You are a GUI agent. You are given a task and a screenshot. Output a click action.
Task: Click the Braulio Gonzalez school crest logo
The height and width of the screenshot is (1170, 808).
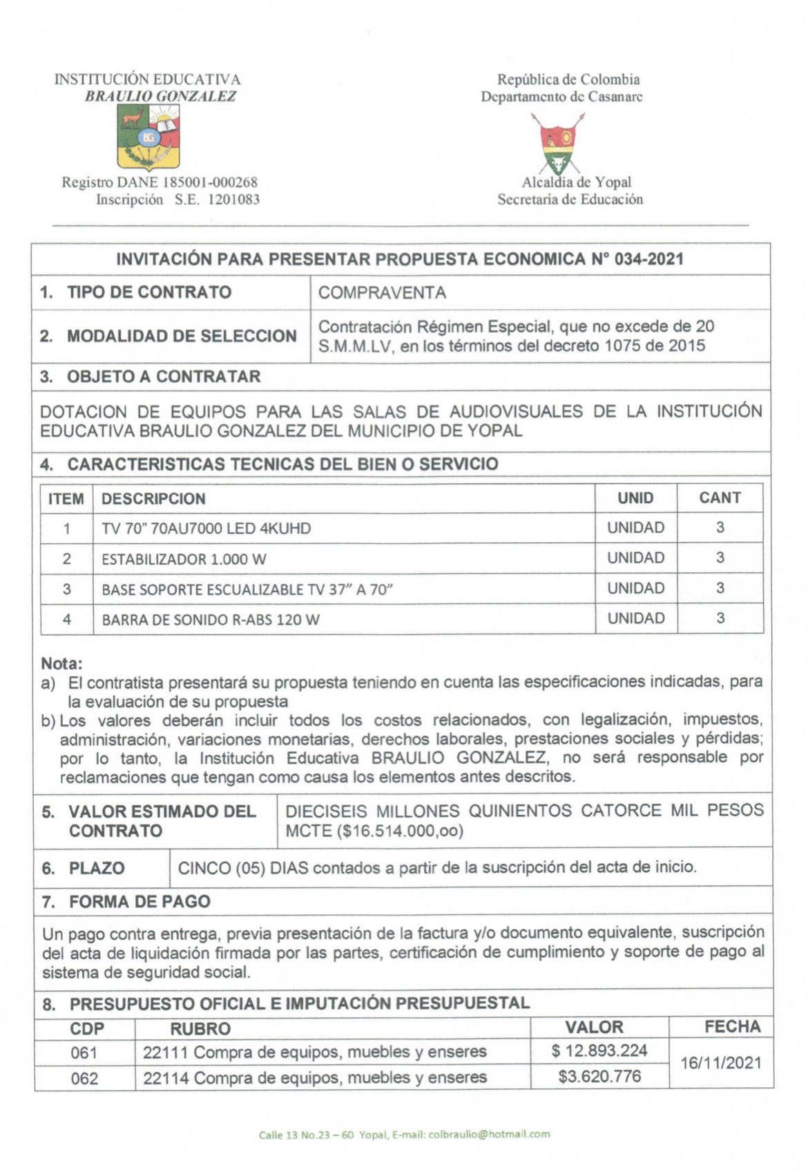tap(148, 138)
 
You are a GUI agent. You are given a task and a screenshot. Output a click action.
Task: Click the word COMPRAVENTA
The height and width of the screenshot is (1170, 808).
tap(382, 292)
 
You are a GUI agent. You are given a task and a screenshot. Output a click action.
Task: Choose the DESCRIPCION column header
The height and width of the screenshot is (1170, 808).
tap(153, 498)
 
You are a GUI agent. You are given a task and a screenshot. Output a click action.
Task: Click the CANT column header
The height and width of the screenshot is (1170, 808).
tap(720, 498)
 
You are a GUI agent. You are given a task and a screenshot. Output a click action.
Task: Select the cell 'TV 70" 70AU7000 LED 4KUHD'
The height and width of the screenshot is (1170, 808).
tap(206, 529)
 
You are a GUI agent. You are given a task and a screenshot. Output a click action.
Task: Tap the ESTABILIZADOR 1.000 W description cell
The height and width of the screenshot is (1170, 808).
tap(184, 559)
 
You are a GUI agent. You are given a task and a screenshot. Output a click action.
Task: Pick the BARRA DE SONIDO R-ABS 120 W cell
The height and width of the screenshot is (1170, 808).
tap(211, 619)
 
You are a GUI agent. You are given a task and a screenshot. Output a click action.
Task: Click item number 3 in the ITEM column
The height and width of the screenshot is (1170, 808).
tap(67, 589)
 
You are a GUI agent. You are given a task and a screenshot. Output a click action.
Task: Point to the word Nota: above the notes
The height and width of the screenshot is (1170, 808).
tap(61, 663)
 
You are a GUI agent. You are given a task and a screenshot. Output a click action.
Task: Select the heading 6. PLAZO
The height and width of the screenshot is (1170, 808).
tap(84, 868)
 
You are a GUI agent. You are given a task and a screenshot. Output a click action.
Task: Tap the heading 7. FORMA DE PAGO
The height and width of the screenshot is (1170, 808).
tap(126, 901)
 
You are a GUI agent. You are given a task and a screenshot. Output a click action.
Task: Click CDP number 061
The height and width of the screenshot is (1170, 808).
tap(84, 1053)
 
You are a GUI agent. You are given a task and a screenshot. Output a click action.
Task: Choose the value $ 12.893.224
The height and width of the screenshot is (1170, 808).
tap(599, 1051)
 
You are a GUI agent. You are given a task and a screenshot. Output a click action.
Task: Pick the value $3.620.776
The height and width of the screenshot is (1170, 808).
tap(599, 1076)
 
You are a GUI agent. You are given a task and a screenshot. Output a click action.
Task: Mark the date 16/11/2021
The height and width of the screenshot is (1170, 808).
tap(720, 1063)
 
